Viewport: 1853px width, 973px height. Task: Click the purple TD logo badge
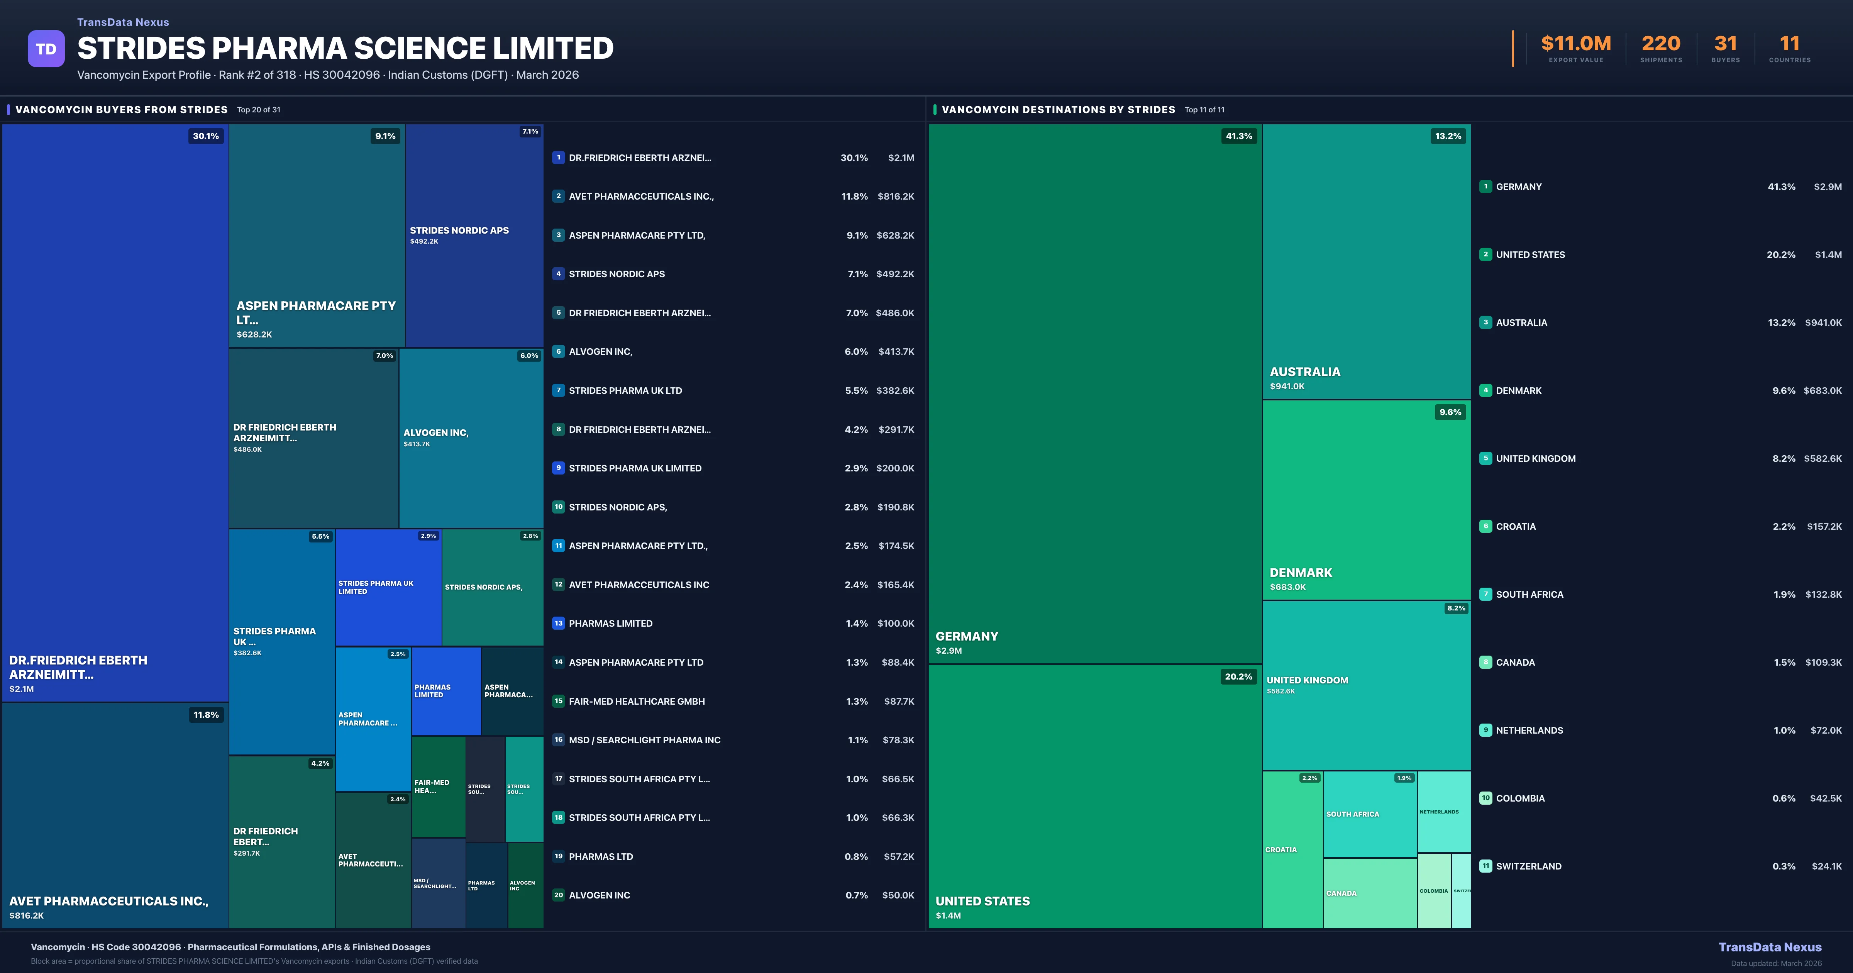click(46, 49)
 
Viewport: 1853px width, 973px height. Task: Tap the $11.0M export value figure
click(1575, 44)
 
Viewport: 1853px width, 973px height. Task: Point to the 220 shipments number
click(1660, 44)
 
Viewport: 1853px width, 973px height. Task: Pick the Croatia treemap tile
click(1292, 849)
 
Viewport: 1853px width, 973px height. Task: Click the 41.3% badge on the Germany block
click(1239, 136)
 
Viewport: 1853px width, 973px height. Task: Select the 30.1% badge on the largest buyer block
click(206, 136)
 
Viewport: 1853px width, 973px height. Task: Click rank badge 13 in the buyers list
click(558, 623)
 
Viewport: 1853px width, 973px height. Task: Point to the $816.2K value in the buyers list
click(896, 197)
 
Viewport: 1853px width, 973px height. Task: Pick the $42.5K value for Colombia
click(1826, 798)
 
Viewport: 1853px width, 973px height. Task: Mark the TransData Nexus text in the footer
click(1770, 947)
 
